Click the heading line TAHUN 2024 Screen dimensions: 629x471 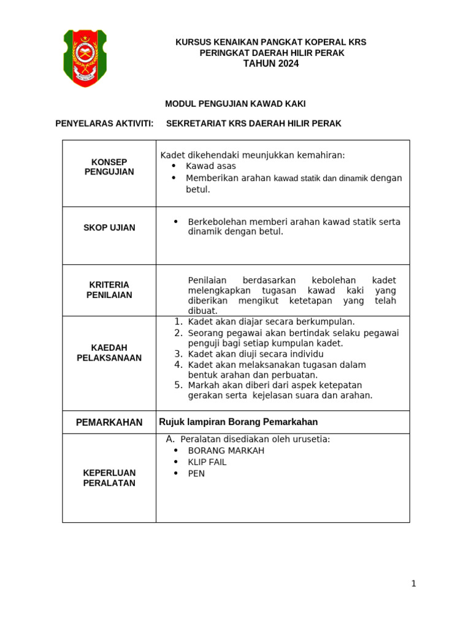tap(271, 64)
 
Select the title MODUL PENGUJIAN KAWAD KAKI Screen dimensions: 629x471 tap(235, 104)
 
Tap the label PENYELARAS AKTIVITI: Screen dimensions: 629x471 tap(104, 123)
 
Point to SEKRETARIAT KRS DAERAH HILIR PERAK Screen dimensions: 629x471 tap(254, 123)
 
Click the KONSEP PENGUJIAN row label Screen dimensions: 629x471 tap(109, 166)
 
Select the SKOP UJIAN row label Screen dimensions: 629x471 tap(109, 227)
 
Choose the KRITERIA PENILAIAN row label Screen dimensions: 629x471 tap(109, 290)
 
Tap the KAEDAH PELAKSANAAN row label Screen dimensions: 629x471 tap(109, 353)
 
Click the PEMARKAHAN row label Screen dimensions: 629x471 tap(109, 422)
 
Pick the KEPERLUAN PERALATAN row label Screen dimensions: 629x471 tap(109, 478)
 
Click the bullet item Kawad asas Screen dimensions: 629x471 tap(210, 166)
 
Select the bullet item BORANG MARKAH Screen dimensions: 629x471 tap(226, 450)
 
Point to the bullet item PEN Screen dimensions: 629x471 tap(196, 474)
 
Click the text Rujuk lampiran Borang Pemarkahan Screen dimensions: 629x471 tap(238, 422)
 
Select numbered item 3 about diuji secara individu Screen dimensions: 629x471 tap(255, 354)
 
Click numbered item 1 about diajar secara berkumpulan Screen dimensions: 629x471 tap(270, 321)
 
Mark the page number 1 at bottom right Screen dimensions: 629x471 tap(413, 584)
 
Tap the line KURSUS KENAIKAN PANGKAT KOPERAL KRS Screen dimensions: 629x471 tap(271, 42)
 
